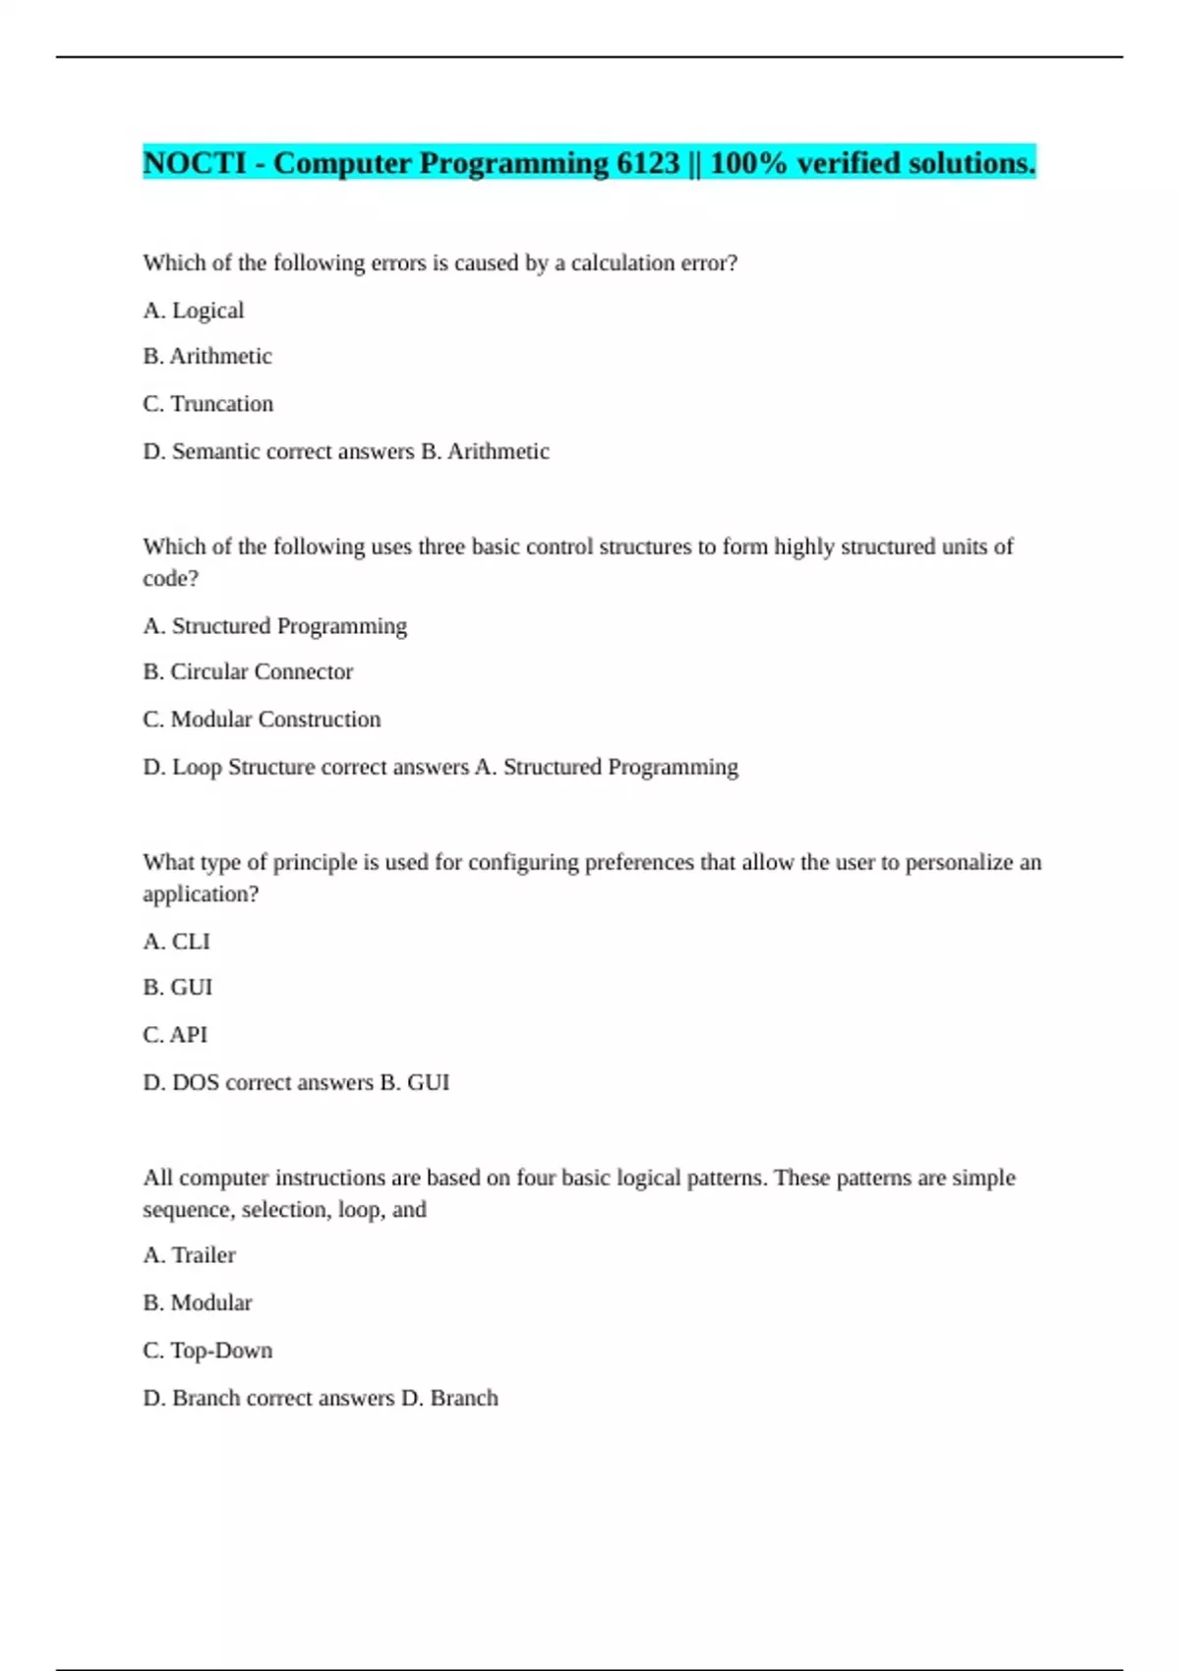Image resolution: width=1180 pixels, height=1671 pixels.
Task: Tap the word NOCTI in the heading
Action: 195,163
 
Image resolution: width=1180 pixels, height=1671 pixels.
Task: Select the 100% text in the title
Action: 748,163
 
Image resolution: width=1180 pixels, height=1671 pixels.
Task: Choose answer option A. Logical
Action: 194,311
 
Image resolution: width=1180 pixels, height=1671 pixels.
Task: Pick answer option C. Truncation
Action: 208,404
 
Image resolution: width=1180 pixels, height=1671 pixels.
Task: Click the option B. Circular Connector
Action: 248,672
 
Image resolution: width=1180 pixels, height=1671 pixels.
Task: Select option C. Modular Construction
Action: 262,720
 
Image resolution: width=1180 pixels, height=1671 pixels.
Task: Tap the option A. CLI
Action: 177,942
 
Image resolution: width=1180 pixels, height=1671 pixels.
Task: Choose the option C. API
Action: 175,1035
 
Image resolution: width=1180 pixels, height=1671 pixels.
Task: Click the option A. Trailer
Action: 190,1255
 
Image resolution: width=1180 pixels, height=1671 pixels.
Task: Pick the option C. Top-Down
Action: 207,1351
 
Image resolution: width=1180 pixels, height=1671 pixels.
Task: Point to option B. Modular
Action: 198,1303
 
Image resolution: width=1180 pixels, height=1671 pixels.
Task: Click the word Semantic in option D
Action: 212,452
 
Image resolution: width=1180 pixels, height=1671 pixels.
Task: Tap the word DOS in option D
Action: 196,1083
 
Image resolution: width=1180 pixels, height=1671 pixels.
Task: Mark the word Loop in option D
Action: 197,768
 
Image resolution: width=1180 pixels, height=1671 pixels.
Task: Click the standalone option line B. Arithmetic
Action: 207,357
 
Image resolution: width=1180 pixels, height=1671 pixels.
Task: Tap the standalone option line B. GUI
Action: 178,988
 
